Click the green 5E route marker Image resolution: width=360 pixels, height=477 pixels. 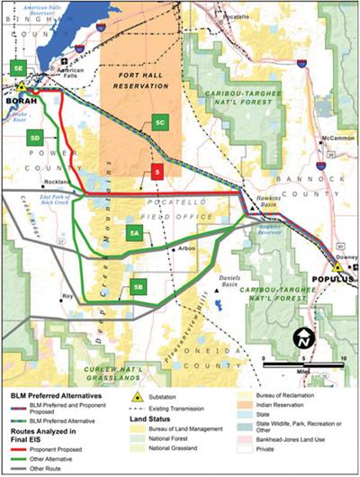17,68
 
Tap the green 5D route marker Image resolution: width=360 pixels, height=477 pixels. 35,138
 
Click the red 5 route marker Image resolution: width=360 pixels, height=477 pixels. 157,171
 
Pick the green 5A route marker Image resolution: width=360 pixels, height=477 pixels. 134,233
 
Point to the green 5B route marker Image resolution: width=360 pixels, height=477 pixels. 138,287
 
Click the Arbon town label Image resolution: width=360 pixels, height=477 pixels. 187,247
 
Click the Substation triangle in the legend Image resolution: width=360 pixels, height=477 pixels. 137,396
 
